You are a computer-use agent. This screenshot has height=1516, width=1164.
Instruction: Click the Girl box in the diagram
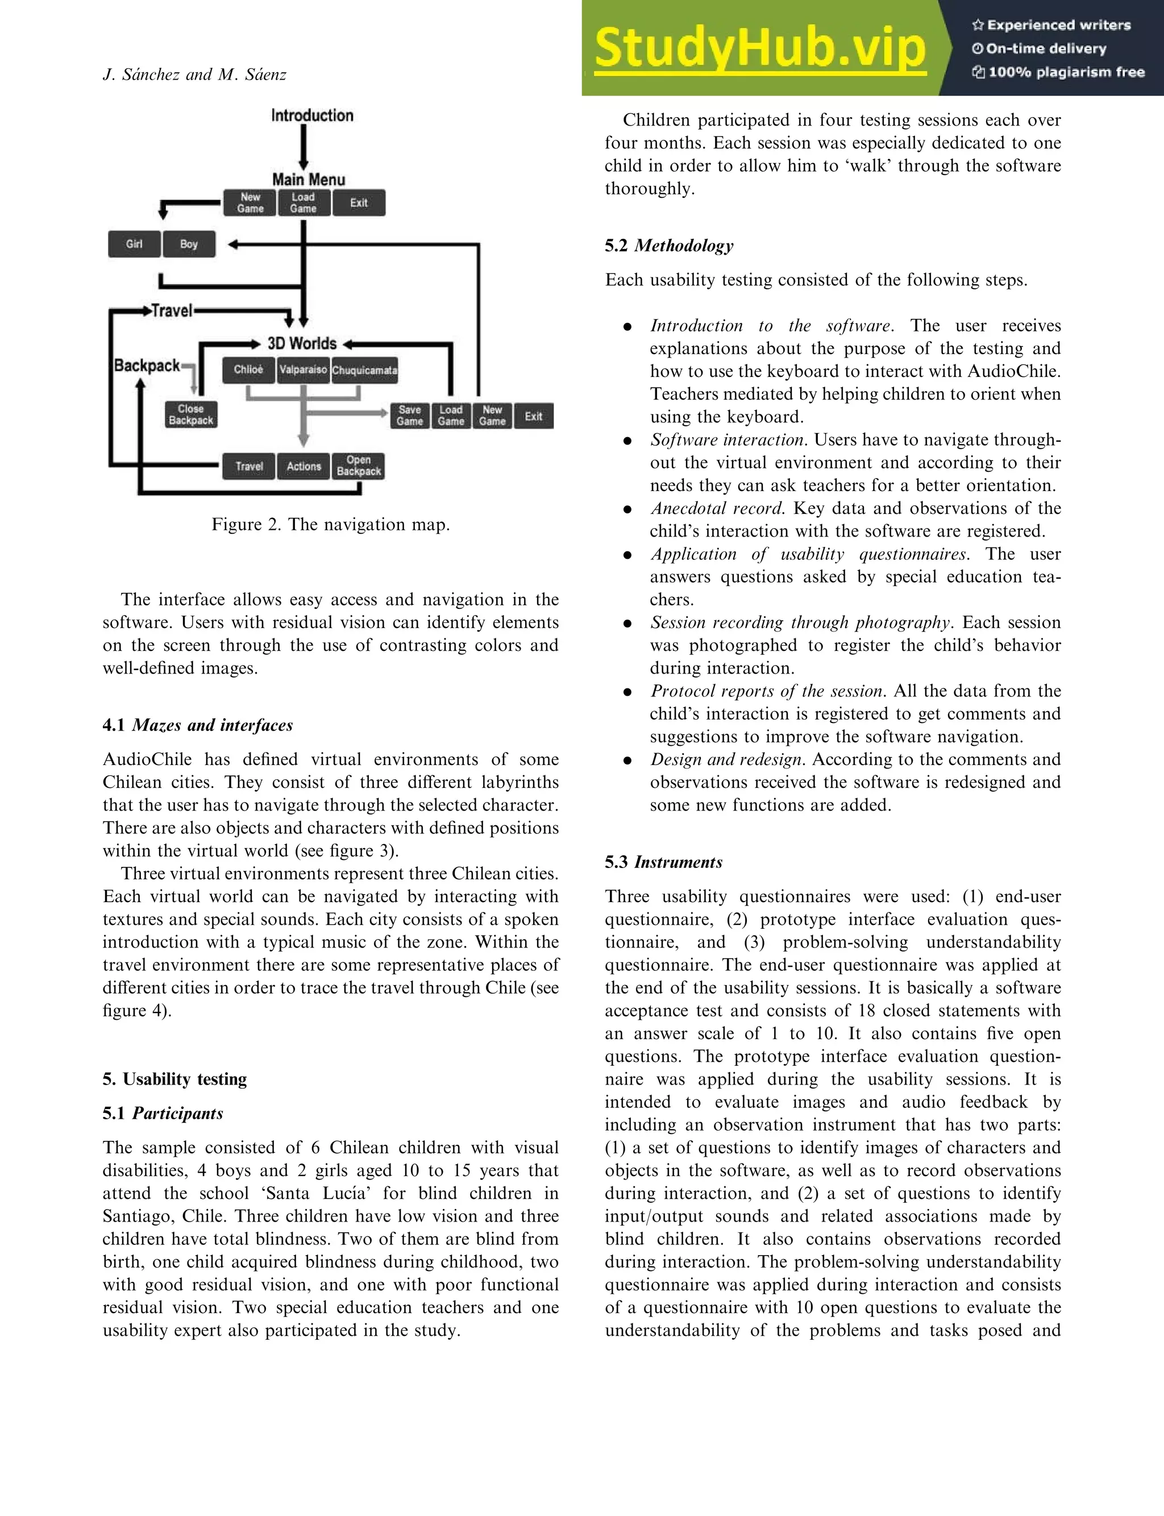134,244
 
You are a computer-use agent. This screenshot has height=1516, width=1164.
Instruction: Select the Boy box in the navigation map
189,244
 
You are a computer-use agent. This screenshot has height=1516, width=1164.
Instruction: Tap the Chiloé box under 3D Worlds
248,370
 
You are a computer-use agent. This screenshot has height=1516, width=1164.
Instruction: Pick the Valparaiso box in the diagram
303,370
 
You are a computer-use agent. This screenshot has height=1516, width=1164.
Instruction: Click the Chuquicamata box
364,370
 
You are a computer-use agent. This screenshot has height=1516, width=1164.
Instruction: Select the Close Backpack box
190,414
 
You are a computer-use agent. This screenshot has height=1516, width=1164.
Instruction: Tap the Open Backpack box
358,466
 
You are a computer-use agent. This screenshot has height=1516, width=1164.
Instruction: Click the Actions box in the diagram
304,466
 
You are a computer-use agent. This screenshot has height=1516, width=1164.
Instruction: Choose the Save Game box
409,416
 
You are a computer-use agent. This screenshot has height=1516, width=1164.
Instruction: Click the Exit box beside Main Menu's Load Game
358,203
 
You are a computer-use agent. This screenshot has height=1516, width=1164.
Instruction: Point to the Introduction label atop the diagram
312,116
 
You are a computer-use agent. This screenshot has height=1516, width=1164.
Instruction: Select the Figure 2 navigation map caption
330,525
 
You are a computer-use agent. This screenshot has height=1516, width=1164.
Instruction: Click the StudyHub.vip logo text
759,48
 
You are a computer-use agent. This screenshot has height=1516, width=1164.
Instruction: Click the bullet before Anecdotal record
627,509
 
